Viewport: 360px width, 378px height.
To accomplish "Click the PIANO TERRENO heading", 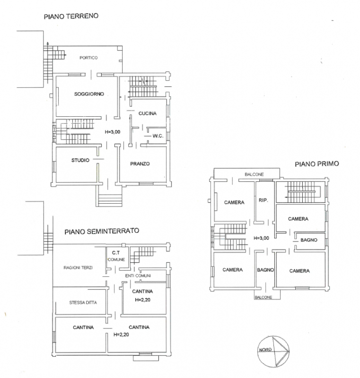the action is pyautogui.click(x=71, y=16).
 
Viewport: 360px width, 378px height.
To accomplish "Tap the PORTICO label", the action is pyautogui.click(x=88, y=58).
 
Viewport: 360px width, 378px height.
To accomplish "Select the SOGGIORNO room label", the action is pyautogui.click(x=89, y=94).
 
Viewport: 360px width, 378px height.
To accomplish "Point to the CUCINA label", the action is pyautogui.click(x=148, y=113).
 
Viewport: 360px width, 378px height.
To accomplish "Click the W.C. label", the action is pyautogui.click(x=158, y=136).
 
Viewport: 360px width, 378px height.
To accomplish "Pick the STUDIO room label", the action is pyautogui.click(x=80, y=160).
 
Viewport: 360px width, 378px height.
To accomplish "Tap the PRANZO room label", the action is pyautogui.click(x=140, y=163).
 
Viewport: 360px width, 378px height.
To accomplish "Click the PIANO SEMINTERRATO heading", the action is pyautogui.click(x=102, y=231).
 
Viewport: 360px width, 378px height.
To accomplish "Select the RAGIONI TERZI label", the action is pyautogui.click(x=78, y=267).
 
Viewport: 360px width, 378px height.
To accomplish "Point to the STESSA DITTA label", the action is pyautogui.click(x=83, y=302).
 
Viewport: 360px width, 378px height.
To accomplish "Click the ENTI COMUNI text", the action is pyautogui.click(x=138, y=275).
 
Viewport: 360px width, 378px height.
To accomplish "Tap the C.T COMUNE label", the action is pyautogui.click(x=116, y=256).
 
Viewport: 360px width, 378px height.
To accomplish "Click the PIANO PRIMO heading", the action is pyautogui.click(x=317, y=164).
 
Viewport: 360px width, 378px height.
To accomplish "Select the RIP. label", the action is pyautogui.click(x=263, y=200).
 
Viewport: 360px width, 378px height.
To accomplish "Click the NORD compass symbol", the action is pyautogui.click(x=273, y=352).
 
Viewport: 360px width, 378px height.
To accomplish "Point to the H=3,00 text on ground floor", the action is pyautogui.click(x=113, y=132).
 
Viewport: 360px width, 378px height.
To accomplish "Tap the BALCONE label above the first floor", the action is pyautogui.click(x=254, y=174).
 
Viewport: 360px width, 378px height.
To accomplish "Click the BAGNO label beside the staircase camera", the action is pyautogui.click(x=309, y=240).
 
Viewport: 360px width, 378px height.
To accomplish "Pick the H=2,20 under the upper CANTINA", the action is pyautogui.click(x=142, y=300).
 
